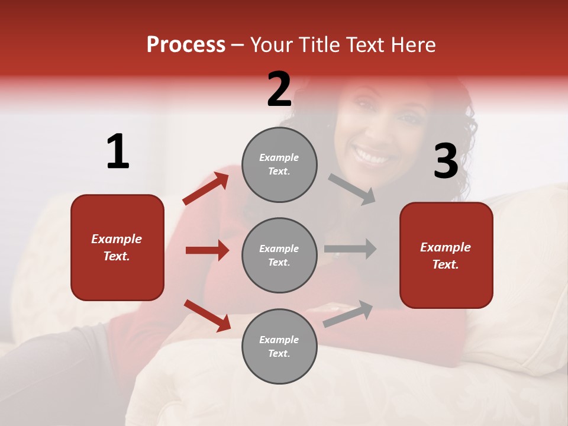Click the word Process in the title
pos(186,45)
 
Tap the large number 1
pos(118,152)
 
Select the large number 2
pos(279,89)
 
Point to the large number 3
pos(446,162)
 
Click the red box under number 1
pos(117,247)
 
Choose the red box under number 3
pos(446,256)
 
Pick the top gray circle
pos(279,164)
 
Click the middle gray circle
pos(279,255)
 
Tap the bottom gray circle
pos(279,346)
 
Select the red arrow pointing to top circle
pos(206,189)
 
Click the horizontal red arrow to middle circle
pos(207,250)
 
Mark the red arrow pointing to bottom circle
pos(207,315)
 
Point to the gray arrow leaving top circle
pos(352,189)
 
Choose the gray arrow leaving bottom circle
pos(348,314)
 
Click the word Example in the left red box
pos(117,239)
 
